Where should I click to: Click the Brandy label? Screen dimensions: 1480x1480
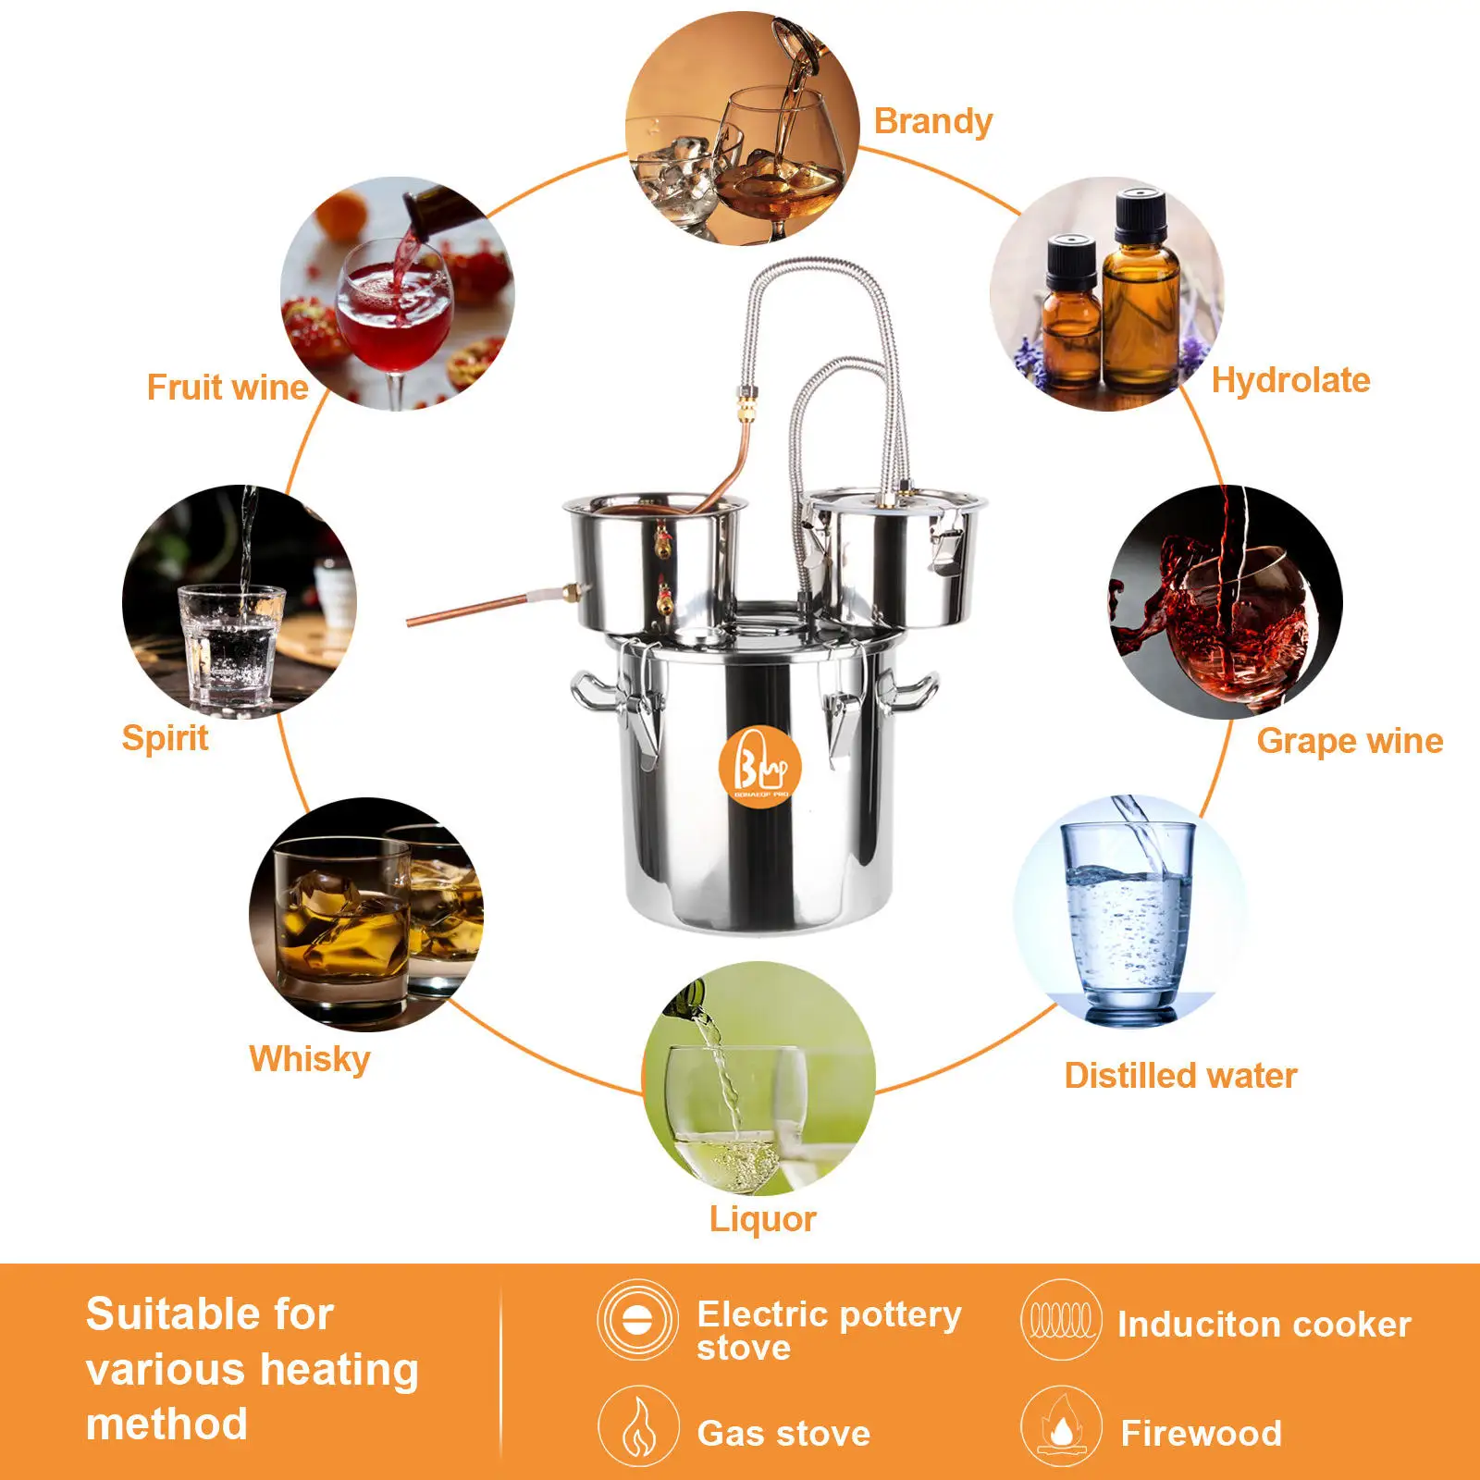pyautogui.click(x=932, y=121)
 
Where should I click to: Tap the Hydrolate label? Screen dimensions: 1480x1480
pyautogui.click(x=1290, y=380)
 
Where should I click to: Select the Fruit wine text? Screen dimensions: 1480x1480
pyautogui.click(x=228, y=387)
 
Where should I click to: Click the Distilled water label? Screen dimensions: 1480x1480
pyautogui.click(x=1180, y=1076)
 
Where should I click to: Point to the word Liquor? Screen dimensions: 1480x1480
pyautogui.click(x=762, y=1219)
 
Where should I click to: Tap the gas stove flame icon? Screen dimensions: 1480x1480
pyautogui.click(x=637, y=1425)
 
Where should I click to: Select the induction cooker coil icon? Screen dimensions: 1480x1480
pyautogui.click(x=1060, y=1320)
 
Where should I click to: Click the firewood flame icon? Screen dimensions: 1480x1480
pyautogui.click(x=1060, y=1425)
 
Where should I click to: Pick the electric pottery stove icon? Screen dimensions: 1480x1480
pyautogui.click(x=637, y=1320)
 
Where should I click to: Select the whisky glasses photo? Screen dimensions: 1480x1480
pyautogui.click(x=365, y=916)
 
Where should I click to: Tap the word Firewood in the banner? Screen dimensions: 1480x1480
pyautogui.click(x=1201, y=1433)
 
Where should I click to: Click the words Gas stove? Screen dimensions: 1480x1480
pyautogui.click(x=783, y=1433)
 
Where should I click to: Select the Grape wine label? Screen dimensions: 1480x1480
pyautogui.click(x=1349, y=741)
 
